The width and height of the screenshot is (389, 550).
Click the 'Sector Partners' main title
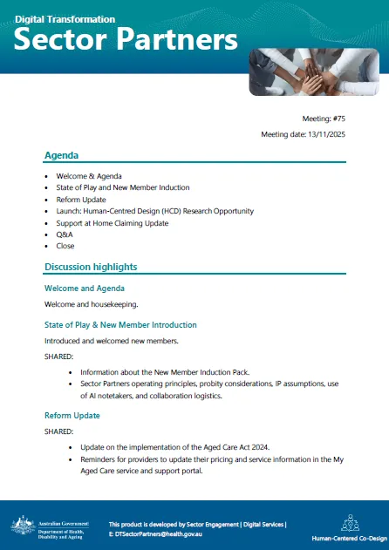pyautogui.click(x=126, y=40)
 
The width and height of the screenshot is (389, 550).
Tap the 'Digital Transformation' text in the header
pyautogui.click(x=65, y=18)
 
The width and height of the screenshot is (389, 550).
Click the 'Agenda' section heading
pyautogui.click(x=61, y=155)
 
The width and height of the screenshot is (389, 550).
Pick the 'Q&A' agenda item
pyautogui.click(x=65, y=234)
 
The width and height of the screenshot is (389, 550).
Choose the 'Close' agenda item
pyautogui.click(x=65, y=246)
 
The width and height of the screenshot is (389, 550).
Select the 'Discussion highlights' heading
pyautogui.click(x=90, y=267)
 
